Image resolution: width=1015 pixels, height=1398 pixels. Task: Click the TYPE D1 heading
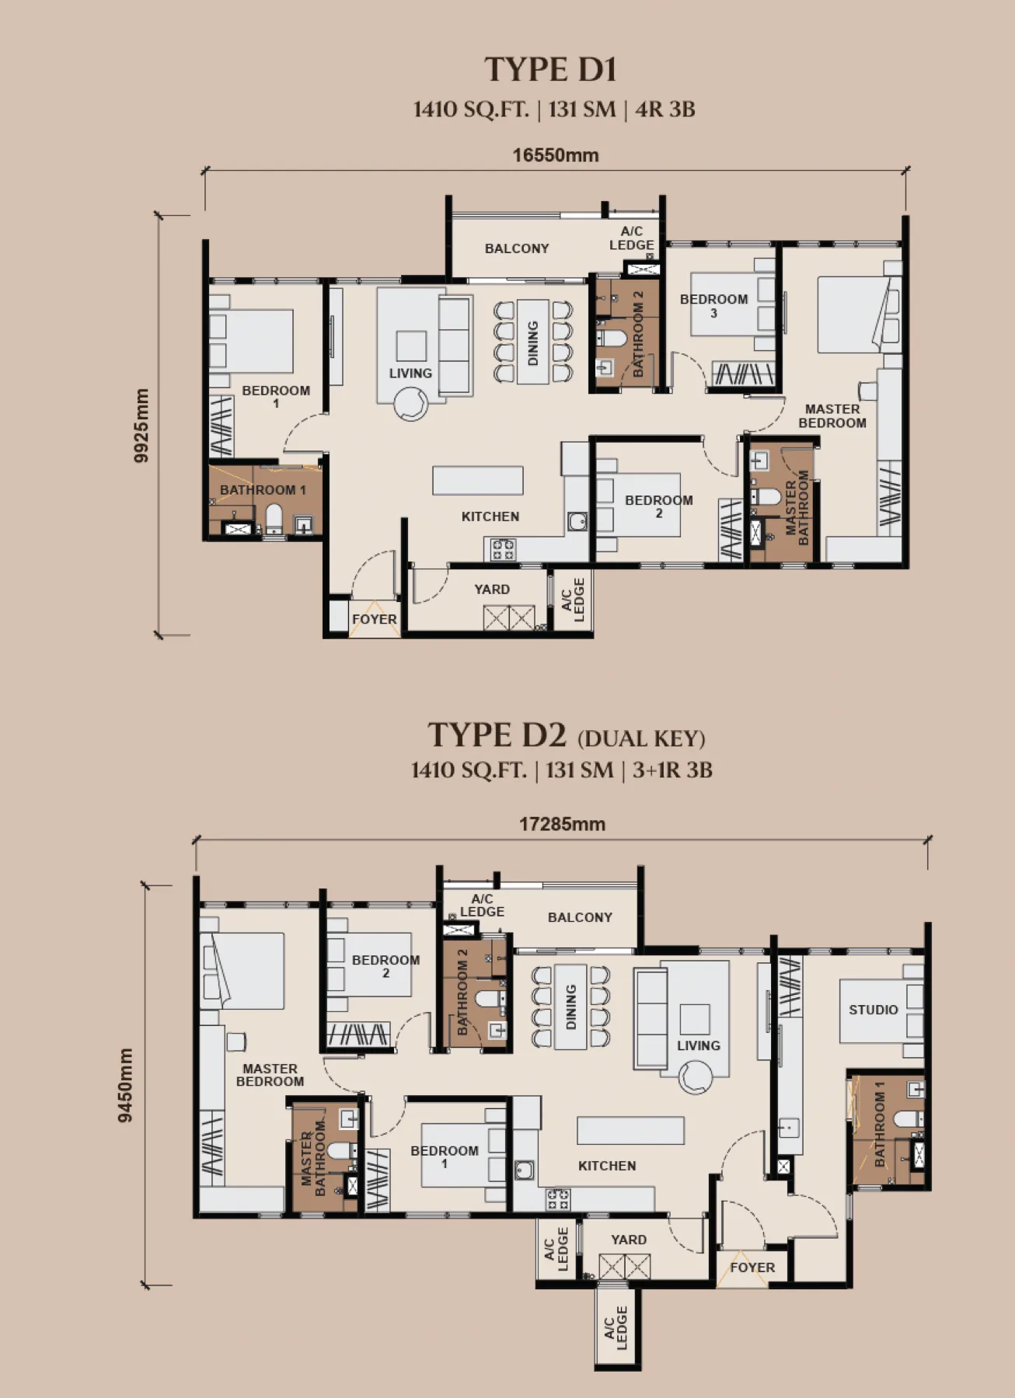coord(550,69)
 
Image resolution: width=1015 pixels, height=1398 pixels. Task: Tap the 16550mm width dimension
coord(556,155)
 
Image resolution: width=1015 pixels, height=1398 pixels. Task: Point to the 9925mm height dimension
coord(141,426)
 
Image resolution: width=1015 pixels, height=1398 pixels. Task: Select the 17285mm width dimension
coord(562,824)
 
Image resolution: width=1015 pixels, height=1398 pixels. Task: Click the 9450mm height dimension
coord(125,1085)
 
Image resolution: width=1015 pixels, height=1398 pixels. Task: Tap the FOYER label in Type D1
coord(374,619)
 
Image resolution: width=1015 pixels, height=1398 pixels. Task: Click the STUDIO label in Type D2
coord(873,1010)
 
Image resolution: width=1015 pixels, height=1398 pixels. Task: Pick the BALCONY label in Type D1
coord(517,249)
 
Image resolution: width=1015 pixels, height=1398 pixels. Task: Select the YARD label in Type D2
coord(628,1240)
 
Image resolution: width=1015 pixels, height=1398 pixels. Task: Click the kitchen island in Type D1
coord(478,480)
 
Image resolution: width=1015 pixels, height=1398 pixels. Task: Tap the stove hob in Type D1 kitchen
coord(502,549)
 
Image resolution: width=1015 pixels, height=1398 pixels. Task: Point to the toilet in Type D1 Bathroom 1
coord(274,519)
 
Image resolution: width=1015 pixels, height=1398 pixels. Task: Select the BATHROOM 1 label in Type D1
coord(263,490)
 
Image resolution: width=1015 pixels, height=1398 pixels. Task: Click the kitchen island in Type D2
coord(630,1130)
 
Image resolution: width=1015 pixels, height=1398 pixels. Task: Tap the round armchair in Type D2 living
coord(695,1078)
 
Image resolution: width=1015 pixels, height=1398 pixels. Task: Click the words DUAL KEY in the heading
coord(641,739)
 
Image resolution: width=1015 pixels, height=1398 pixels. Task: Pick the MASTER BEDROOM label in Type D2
coord(270,1075)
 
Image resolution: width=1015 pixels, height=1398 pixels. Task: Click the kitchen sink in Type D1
coord(577,521)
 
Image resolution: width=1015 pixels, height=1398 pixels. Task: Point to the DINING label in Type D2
coord(571,1007)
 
